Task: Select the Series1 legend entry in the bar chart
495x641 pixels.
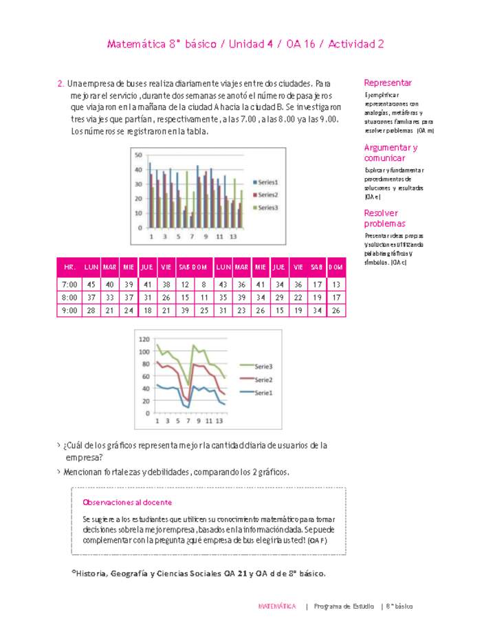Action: coord(267,182)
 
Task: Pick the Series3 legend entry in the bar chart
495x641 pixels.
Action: coord(267,207)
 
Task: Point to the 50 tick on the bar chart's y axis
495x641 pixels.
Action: coord(138,155)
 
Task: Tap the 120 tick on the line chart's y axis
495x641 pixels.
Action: coord(144,339)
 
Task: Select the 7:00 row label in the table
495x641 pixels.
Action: coord(69,284)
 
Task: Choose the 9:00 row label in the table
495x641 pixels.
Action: coord(69,311)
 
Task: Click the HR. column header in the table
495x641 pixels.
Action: coord(69,266)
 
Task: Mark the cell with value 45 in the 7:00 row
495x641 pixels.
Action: coord(91,284)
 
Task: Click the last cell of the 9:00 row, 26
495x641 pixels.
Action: coord(335,311)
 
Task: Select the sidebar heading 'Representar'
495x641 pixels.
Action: coord(388,83)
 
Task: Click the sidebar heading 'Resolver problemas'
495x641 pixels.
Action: coord(384,218)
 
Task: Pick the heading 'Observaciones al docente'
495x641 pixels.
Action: coord(126,502)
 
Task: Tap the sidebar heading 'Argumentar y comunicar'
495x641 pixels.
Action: coord(390,153)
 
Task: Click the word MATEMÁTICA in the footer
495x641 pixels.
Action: coord(277,607)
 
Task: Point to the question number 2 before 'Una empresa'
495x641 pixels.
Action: coord(60,83)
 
